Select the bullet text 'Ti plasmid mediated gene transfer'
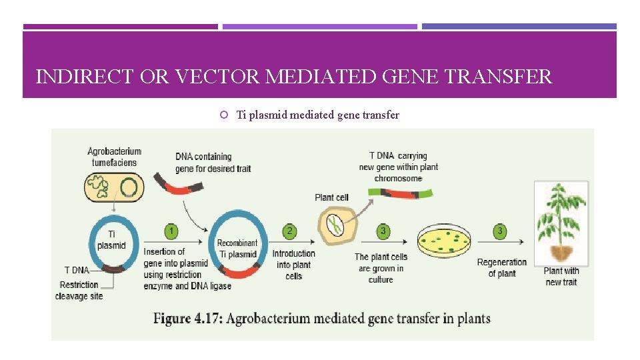pyautogui.click(x=318, y=115)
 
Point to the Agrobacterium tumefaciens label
pyautogui.click(x=114, y=157)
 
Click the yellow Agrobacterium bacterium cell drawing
pyautogui.click(x=114, y=187)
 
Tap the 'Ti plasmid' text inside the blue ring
pyautogui.click(x=111, y=240)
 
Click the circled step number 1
pyautogui.click(x=171, y=231)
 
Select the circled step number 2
pyautogui.click(x=289, y=231)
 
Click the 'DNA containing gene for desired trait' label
pyautogui.click(x=213, y=162)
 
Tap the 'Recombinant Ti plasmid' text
pyautogui.click(x=237, y=249)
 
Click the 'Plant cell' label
pyautogui.click(x=331, y=197)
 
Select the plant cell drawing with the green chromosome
pyautogui.click(x=337, y=225)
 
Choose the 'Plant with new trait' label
pyautogui.click(x=561, y=276)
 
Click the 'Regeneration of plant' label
pyautogui.click(x=501, y=268)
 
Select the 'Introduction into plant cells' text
pyautogui.click(x=293, y=265)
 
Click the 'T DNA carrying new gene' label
pyautogui.click(x=398, y=167)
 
